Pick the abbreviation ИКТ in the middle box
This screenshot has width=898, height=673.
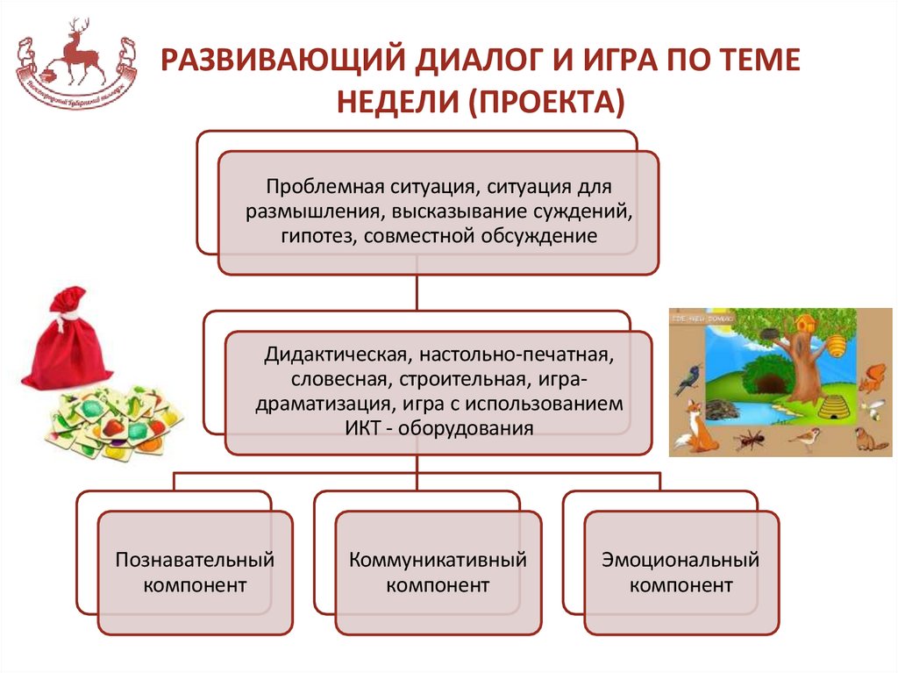(x=353, y=428)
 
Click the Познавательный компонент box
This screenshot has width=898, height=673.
(x=196, y=572)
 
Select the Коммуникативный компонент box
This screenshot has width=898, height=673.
(x=438, y=572)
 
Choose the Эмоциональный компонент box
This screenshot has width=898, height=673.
(x=681, y=572)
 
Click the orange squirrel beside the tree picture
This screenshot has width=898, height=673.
(x=870, y=376)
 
